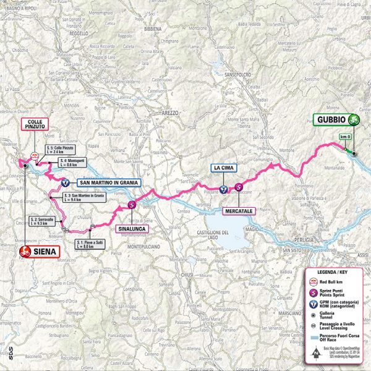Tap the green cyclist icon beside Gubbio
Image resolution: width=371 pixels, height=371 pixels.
point(354,120)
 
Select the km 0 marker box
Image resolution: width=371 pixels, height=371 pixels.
point(344,136)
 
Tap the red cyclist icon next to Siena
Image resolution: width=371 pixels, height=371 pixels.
point(25,252)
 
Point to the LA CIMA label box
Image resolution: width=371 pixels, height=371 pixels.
point(223,168)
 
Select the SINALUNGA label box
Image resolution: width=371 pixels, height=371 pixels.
point(132,228)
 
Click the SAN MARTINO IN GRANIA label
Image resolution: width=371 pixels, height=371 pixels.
point(108,182)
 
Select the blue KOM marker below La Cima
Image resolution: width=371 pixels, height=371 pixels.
point(223,190)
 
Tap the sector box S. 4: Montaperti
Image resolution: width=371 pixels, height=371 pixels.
point(71,163)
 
